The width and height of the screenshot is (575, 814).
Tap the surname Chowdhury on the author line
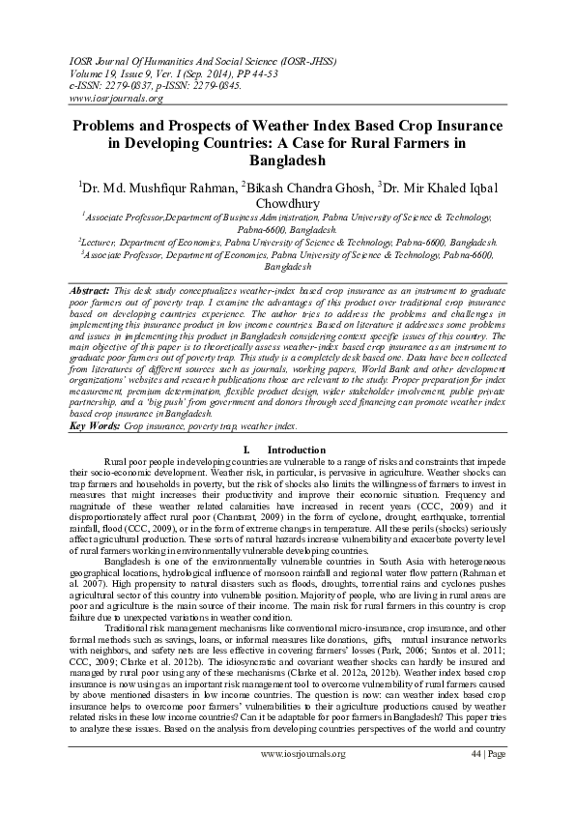pyautogui.click(x=287, y=203)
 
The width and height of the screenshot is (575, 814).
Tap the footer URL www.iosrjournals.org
pyautogui.click(x=302, y=780)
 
